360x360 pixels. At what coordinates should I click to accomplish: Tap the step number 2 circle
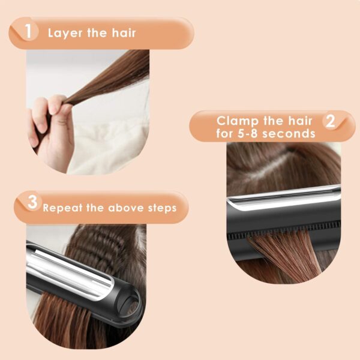pyautogui.click(x=329, y=122)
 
